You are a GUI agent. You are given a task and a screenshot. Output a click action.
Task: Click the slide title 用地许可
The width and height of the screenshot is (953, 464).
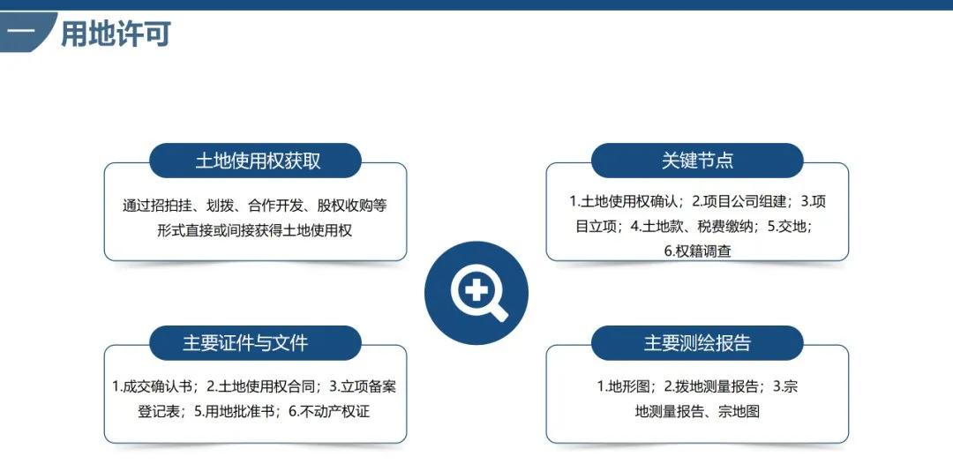116,34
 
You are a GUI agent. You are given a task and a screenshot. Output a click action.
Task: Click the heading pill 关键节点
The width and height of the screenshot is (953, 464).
697,161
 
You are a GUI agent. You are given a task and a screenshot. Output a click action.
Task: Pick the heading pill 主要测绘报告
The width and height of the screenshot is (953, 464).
697,342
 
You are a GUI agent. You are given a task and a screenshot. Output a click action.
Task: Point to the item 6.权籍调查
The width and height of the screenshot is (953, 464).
697,251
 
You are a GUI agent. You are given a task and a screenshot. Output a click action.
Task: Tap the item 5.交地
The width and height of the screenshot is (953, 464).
789,226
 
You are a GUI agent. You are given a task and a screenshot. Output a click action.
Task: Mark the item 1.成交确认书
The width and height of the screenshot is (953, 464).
153,386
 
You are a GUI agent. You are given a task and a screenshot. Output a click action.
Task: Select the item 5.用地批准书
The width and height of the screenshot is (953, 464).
236,411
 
